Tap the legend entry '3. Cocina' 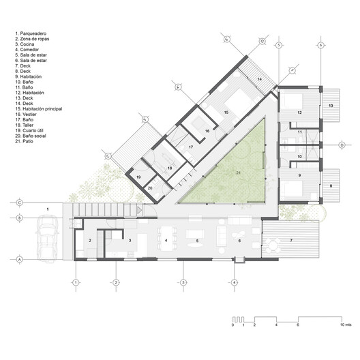(27, 43)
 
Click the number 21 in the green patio (238, 173)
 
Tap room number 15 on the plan (225, 112)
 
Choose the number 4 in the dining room (166, 241)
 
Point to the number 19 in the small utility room (138, 177)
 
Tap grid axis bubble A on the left (20, 260)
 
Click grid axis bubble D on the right (342, 144)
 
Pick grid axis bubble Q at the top (261, 40)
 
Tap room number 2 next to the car (89, 241)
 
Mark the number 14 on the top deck (259, 80)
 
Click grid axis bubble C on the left (20, 202)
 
